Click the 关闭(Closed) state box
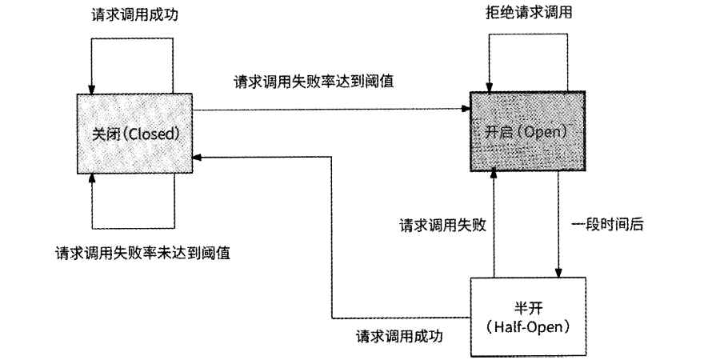(134, 133)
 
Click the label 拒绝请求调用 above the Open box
(528, 12)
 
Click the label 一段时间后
(609, 225)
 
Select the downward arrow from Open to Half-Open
(558, 224)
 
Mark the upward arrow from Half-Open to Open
(494, 224)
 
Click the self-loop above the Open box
(528, 34)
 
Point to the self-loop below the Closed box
(134, 226)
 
